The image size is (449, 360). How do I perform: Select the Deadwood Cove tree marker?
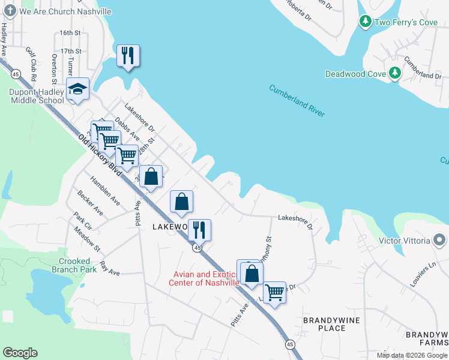tap(394, 74)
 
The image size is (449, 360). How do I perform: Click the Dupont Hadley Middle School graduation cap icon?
tap(77, 89)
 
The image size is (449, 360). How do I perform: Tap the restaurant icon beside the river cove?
tap(128, 56)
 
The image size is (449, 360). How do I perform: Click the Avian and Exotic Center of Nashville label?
tap(204, 278)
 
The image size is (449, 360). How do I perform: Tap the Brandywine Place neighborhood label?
tap(332, 324)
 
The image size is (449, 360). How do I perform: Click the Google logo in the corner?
tap(20, 353)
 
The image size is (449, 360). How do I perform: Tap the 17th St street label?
tap(70, 52)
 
